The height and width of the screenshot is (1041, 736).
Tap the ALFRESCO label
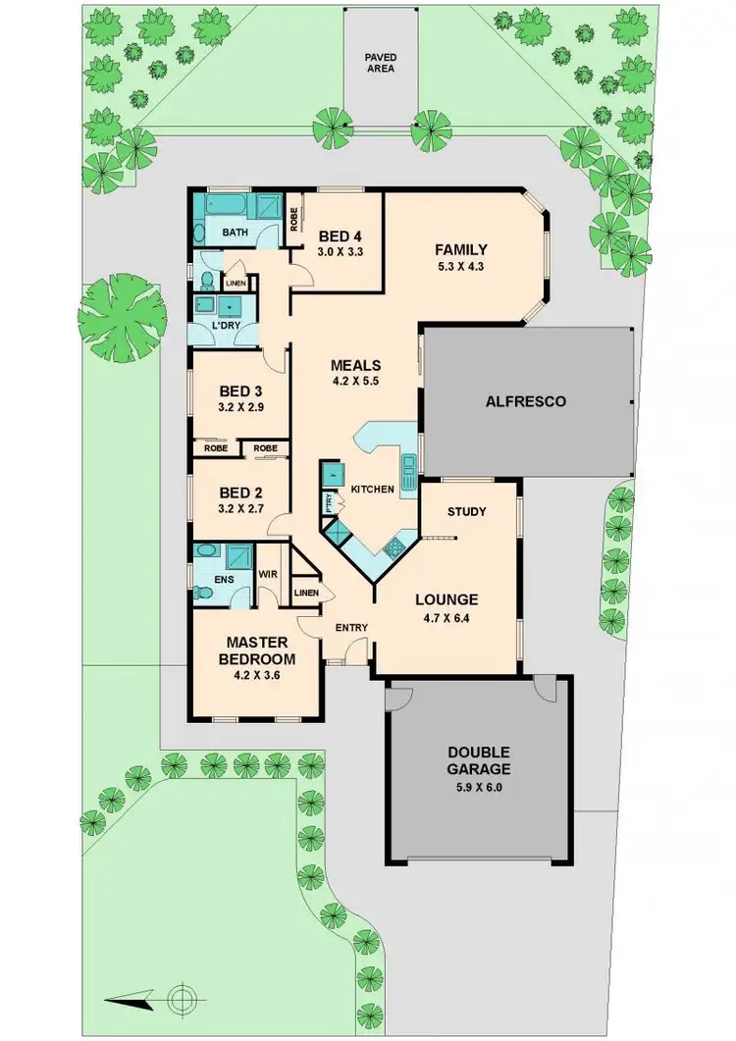pyautogui.click(x=525, y=401)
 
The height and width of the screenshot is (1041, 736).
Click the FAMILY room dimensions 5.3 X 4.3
pyautogui.click(x=461, y=266)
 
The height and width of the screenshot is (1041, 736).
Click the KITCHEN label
pyautogui.click(x=373, y=489)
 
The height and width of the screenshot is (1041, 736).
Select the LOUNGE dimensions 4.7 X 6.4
pyautogui.click(x=446, y=617)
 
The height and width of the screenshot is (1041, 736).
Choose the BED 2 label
pyautogui.click(x=239, y=493)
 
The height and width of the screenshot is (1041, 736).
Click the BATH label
pyautogui.click(x=234, y=233)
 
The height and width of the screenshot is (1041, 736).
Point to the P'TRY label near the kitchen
pyautogui.click(x=329, y=502)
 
